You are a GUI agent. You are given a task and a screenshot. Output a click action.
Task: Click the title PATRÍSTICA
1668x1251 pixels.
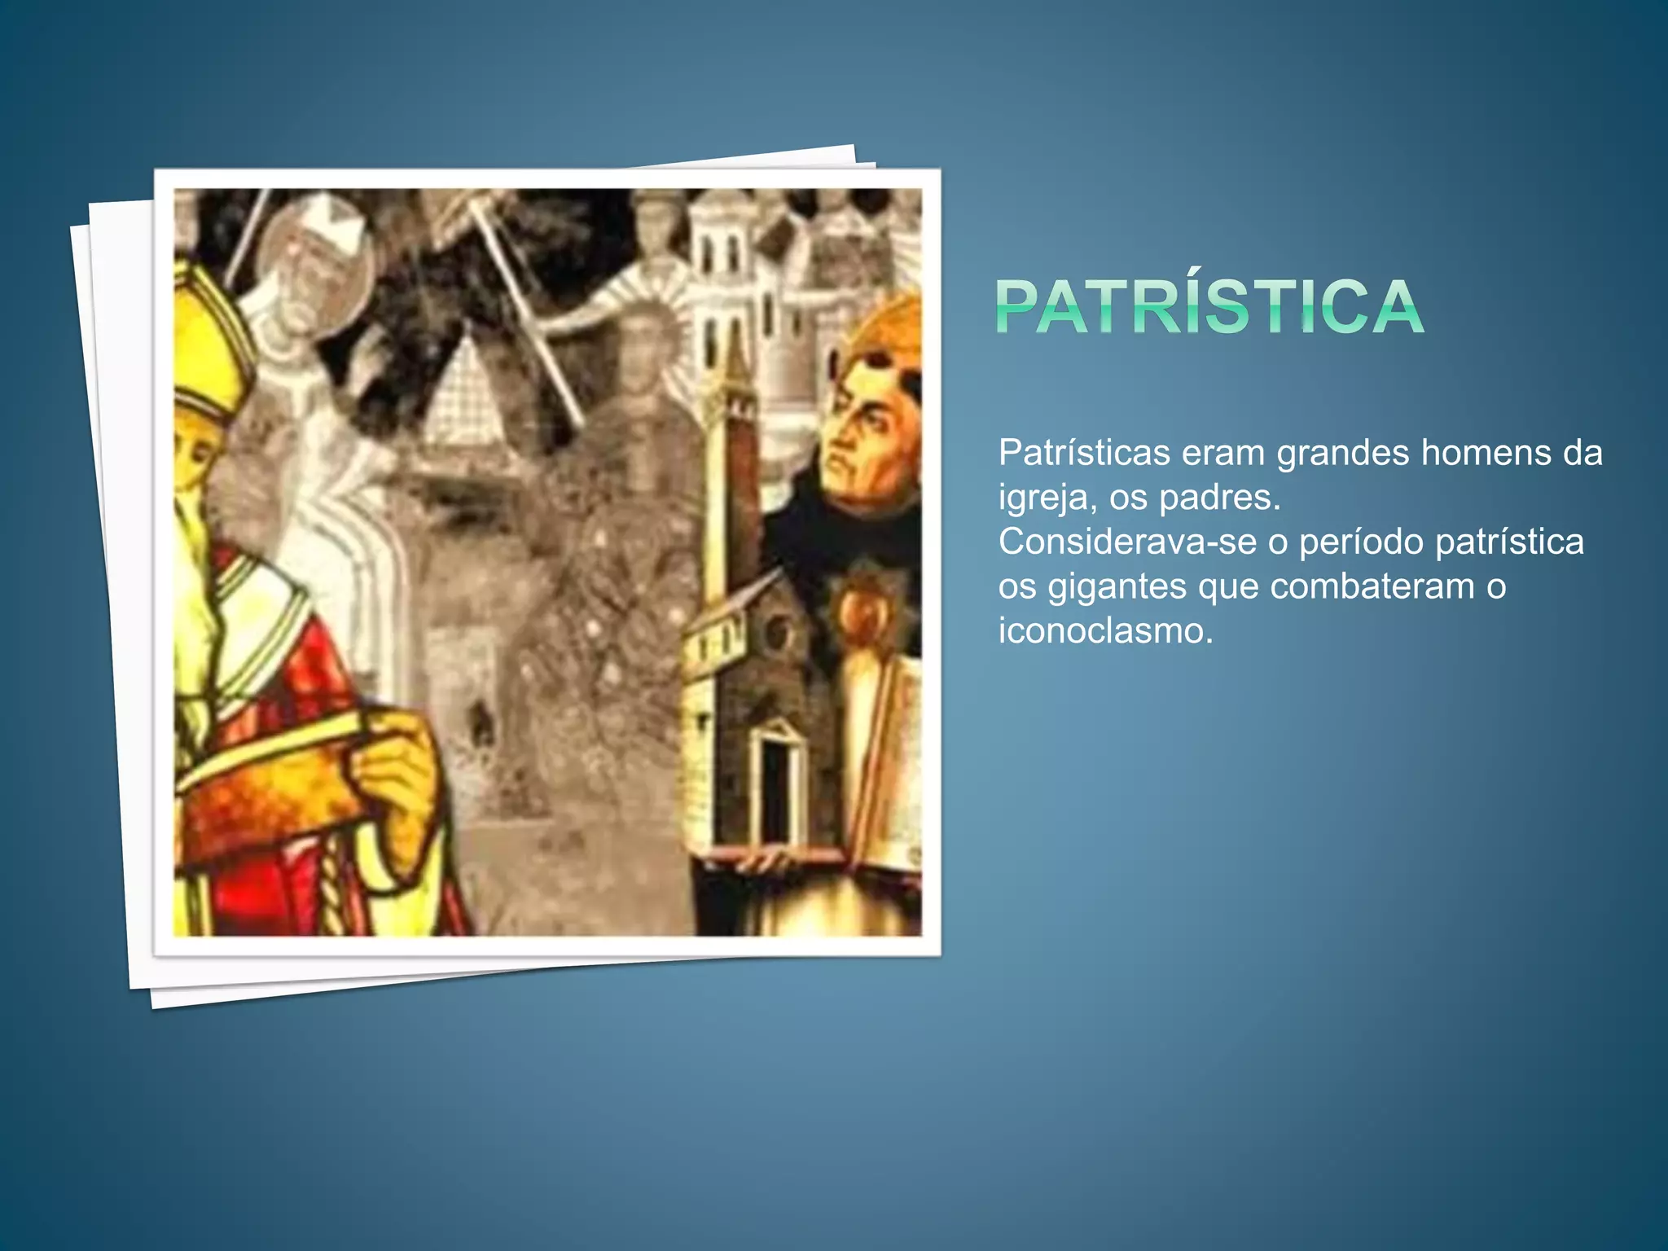[x=1209, y=306]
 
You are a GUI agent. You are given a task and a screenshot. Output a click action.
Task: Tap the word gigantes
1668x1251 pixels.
[x=1117, y=587]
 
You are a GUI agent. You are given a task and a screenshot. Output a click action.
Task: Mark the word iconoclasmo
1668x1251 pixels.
[x=1105, y=630]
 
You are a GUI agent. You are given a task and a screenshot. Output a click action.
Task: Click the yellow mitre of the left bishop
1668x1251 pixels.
[x=208, y=342]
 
